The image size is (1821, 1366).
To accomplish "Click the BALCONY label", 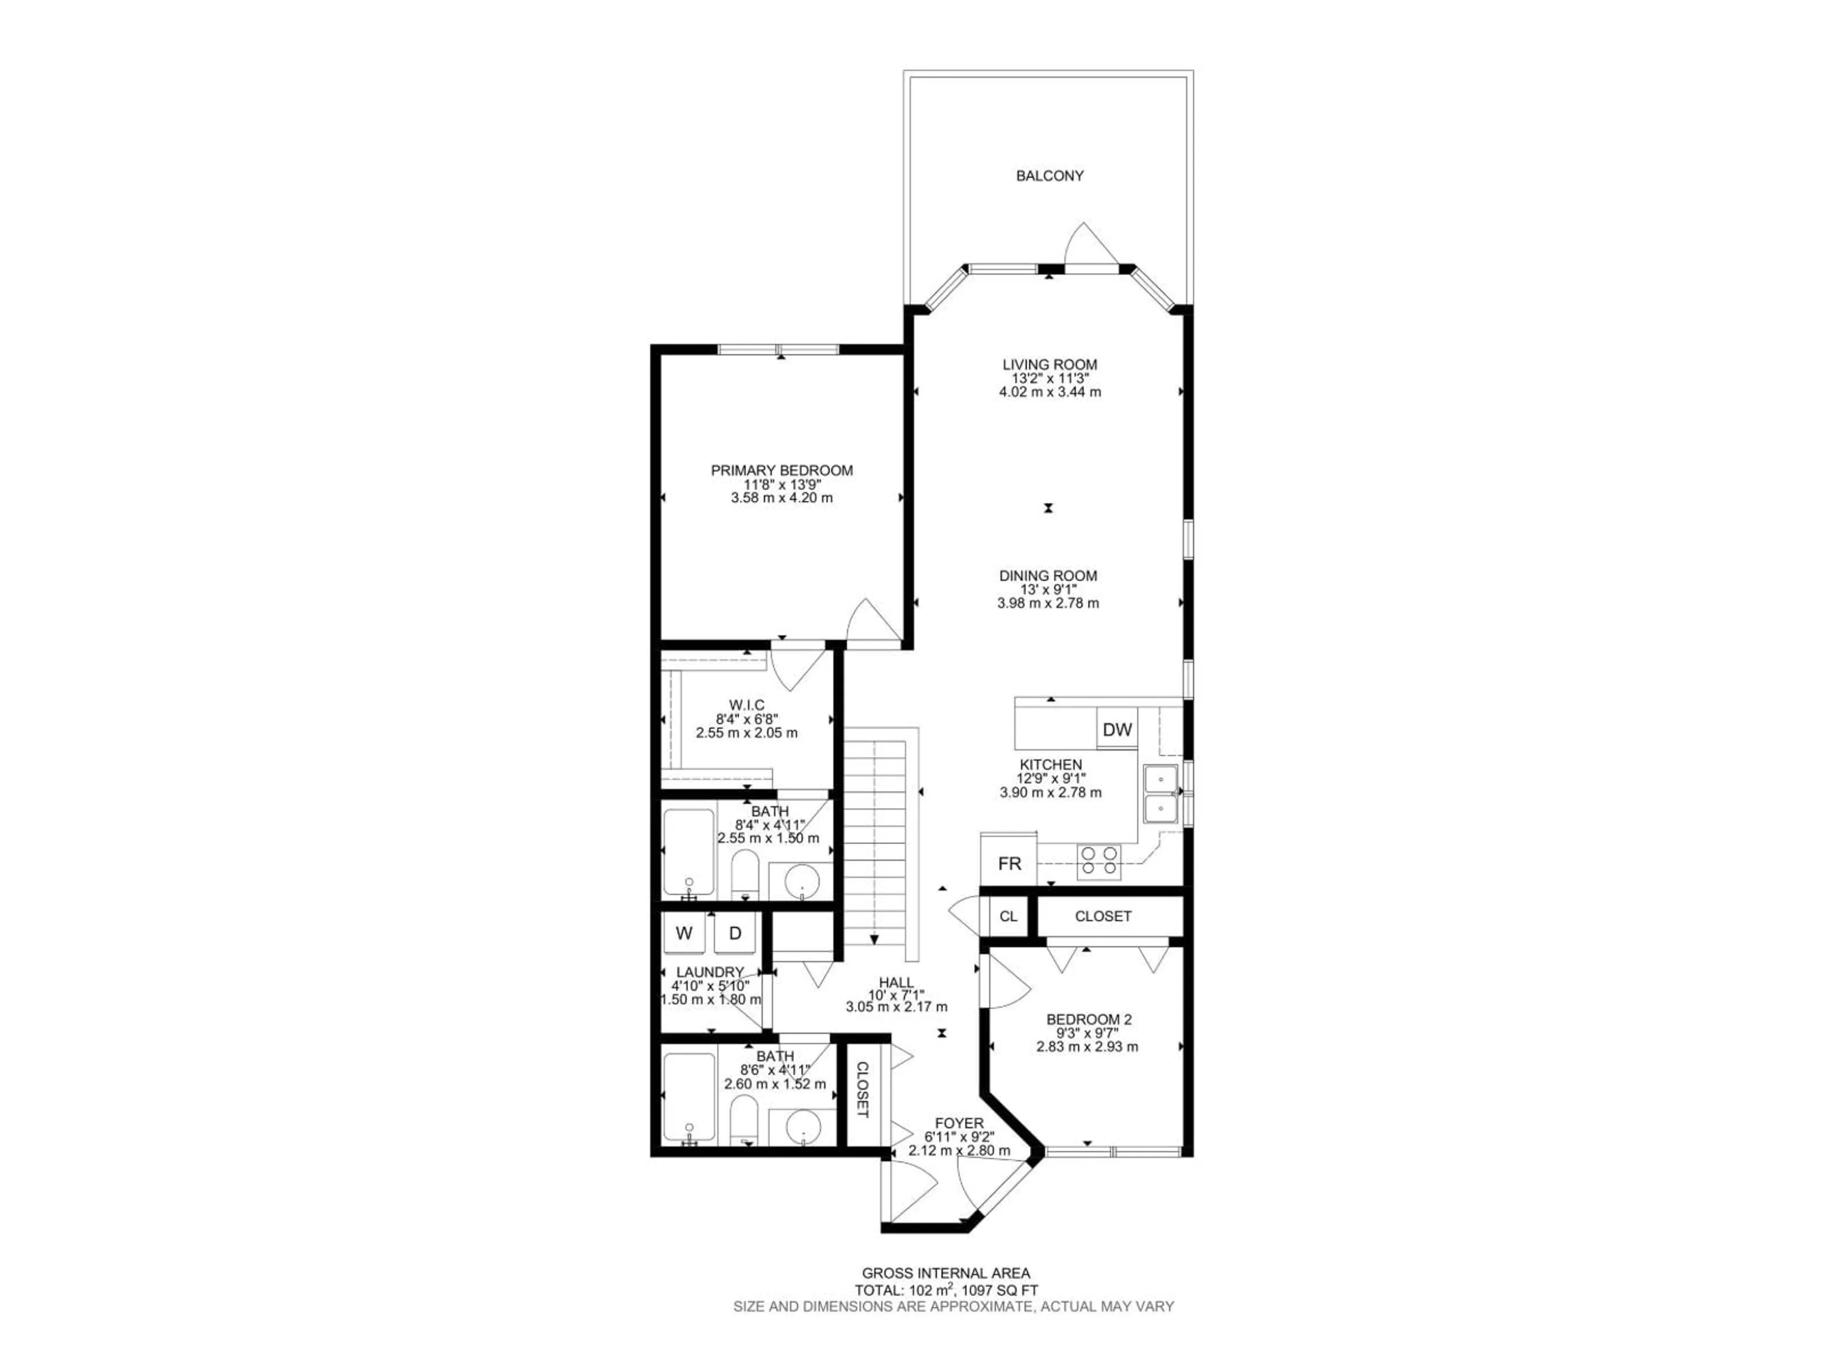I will click(x=1049, y=175).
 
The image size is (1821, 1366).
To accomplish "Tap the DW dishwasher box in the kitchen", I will click(x=1117, y=729).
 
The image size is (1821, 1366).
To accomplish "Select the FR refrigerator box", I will click(x=1009, y=863).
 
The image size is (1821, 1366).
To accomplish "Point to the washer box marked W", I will click(x=683, y=933).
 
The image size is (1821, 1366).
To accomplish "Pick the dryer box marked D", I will click(x=735, y=933).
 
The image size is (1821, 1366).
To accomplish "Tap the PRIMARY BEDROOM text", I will click(x=781, y=470).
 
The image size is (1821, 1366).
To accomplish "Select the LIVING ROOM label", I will click(x=1049, y=364).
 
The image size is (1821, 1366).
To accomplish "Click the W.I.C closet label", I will click(x=747, y=705).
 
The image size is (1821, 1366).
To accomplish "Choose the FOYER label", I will click(x=959, y=1123).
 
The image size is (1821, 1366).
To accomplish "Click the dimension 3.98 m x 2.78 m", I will click(x=1048, y=603).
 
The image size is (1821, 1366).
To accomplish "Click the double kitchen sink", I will click(x=1161, y=793).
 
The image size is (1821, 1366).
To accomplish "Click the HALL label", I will click(x=896, y=982).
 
